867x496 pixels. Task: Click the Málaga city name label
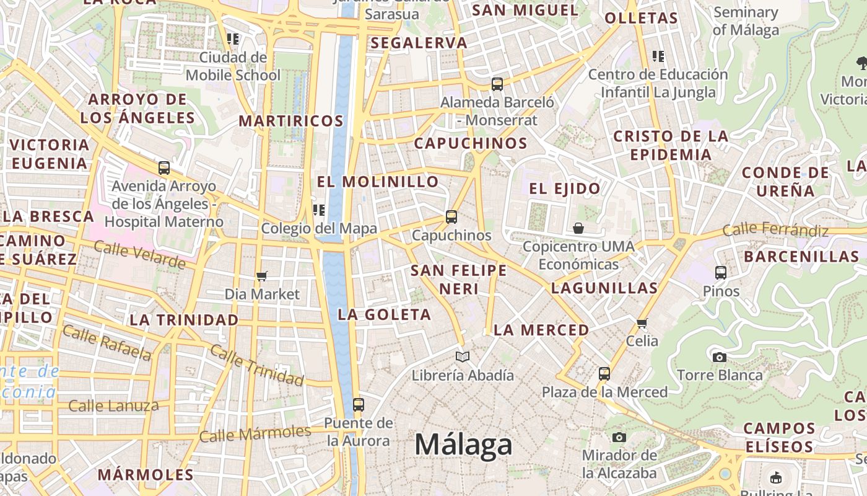coord(463,445)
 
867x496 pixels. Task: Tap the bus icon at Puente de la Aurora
coord(358,405)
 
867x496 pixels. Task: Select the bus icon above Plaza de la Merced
coord(604,374)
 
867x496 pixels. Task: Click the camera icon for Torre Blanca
coord(719,357)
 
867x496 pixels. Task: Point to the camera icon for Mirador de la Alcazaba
coord(619,437)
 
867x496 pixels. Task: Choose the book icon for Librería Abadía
coord(463,356)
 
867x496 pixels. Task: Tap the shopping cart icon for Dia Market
coord(262,276)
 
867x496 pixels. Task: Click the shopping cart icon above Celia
coord(642,323)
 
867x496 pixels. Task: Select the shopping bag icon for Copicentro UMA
coord(578,228)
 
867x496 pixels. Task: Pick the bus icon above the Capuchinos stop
coord(451,217)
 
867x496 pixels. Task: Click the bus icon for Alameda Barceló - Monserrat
coord(497,84)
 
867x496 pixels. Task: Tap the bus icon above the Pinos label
coord(720,272)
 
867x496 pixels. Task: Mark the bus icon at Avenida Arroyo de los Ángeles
coord(164,167)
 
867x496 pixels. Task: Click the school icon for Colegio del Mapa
coord(319,210)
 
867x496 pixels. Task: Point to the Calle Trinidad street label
coord(256,365)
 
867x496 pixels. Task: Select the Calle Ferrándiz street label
coord(775,229)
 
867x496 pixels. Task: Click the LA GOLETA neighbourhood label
coord(384,314)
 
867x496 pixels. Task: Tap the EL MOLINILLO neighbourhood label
coord(378,182)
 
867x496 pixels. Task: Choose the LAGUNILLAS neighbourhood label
coord(604,288)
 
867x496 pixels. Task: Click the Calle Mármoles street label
coord(255,433)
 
